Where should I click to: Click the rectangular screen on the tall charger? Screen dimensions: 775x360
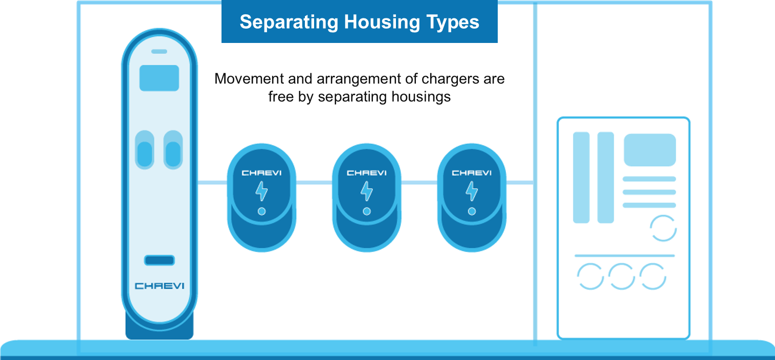point(159,78)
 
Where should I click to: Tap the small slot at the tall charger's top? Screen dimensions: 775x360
point(159,52)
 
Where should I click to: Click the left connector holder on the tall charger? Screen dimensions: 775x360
point(145,150)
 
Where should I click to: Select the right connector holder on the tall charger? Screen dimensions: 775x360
point(173,150)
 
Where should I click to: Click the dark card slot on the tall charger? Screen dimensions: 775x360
point(159,260)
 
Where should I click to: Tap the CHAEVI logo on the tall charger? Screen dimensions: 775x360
point(159,286)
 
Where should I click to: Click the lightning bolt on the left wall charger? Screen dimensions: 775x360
point(261,191)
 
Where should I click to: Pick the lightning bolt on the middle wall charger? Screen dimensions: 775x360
point(367,191)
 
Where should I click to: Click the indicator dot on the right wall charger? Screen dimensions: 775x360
point(472,211)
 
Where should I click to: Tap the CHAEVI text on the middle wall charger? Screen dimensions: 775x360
point(367,173)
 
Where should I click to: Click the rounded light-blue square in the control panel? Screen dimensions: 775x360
point(650,150)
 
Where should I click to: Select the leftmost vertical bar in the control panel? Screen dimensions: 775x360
point(581,177)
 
